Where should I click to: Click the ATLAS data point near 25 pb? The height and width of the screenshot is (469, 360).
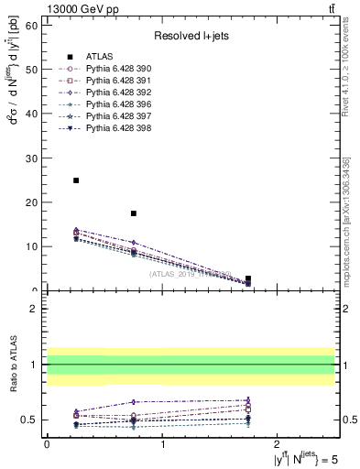coord(76,180)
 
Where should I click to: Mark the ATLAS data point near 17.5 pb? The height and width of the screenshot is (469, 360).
coord(134,213)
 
